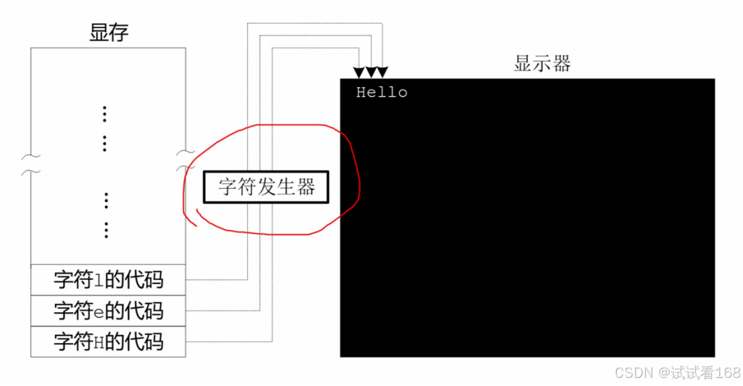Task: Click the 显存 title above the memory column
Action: [x=108, y=33]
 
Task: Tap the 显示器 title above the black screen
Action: [x=541, y=64]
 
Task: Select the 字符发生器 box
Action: [x=267, y=187]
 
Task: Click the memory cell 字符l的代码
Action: [x=108, y=279]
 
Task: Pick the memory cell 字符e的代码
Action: [x=108, y=311]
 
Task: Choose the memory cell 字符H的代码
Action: [x=108, y=342]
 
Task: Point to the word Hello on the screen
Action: [x=382, y=93]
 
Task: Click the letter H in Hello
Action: [x=361, y=93]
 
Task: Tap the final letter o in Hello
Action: [x=402, y=93]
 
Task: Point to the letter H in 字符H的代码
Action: [x=99, y=342]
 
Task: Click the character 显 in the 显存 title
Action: [x=98, y=33]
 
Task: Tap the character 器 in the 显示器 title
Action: [x=561, y=64]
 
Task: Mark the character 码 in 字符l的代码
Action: [x=154, y=279]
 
